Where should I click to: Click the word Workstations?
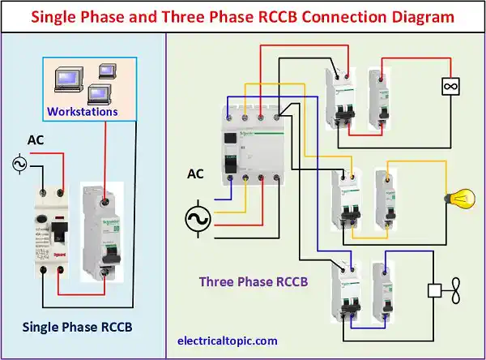82,110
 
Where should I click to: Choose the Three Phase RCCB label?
254,281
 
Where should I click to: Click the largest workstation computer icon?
66,79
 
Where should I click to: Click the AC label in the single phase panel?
36,140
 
